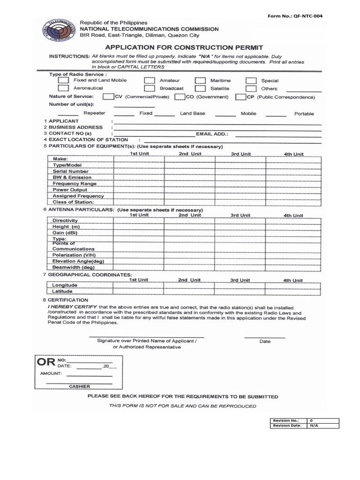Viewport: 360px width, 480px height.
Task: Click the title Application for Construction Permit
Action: point(183,47)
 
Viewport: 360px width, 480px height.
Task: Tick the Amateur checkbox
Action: point(150,80)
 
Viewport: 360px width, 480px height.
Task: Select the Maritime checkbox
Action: point(200,80)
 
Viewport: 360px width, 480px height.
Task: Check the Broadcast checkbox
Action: point(150,88)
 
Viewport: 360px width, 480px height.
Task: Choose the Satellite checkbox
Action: point(200,88)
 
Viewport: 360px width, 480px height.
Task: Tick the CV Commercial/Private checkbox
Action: point(108,97)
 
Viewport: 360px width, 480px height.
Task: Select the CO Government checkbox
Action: point(179,97)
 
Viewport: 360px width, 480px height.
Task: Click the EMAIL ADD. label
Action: point(212,134)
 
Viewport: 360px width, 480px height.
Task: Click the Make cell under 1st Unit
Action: point(139,159)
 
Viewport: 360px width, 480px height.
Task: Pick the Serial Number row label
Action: point(71,172)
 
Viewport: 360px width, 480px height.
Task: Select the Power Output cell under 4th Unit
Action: point(293,190)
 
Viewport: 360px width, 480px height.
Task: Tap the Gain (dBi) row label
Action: point(65,232)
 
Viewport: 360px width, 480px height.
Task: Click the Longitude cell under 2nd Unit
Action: point(189,285)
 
